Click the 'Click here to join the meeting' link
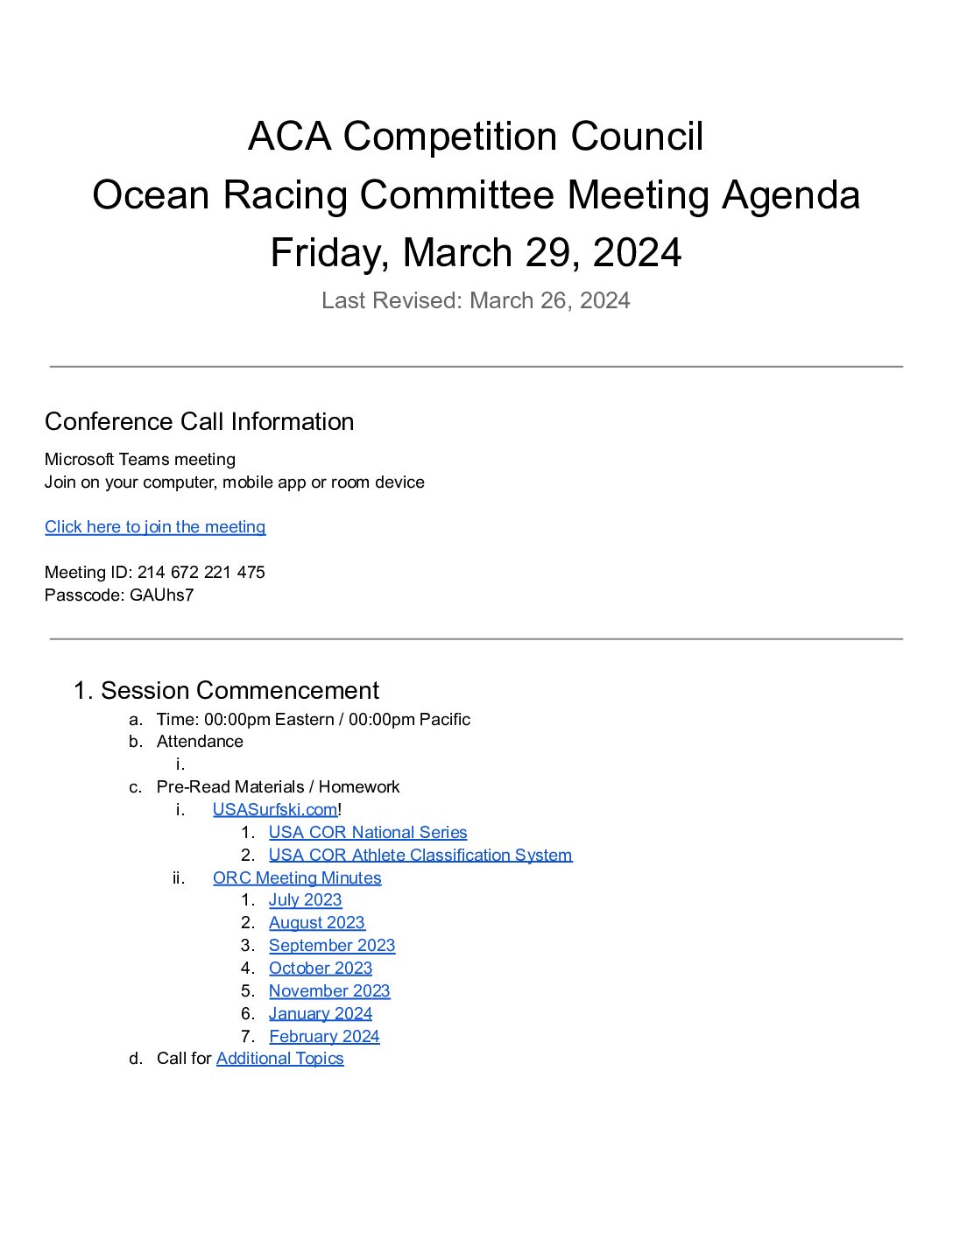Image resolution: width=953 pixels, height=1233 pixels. tap(155, 526)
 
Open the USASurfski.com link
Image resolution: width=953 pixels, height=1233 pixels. tap(274, 809)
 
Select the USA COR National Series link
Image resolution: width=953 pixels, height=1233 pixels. tap(368, 832)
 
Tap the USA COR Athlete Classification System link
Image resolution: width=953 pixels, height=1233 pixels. tap(420, 855)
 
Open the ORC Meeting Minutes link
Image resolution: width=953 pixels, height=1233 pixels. tap(297, 877)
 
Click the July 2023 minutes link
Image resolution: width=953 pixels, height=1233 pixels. tap(305, 899)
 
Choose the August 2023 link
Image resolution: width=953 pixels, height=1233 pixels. tap(316, 922)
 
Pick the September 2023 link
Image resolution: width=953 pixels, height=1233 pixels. tap(332, 945)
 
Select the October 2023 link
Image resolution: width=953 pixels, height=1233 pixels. tap(321, 968)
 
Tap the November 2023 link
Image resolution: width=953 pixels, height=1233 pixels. tap(329, 990)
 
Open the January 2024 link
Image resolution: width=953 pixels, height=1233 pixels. tap(321, 1013)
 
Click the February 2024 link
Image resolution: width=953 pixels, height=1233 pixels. tap(324, 1036)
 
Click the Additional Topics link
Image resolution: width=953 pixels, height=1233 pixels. tap(280, 1058)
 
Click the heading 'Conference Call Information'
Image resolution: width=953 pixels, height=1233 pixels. tap(200, 421)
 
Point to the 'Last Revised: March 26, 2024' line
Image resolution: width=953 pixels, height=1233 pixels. tap(476, 300)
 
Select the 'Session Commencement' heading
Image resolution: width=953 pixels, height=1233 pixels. tap(240, 690)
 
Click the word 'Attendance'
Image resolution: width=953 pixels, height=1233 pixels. tap(200, 741)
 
